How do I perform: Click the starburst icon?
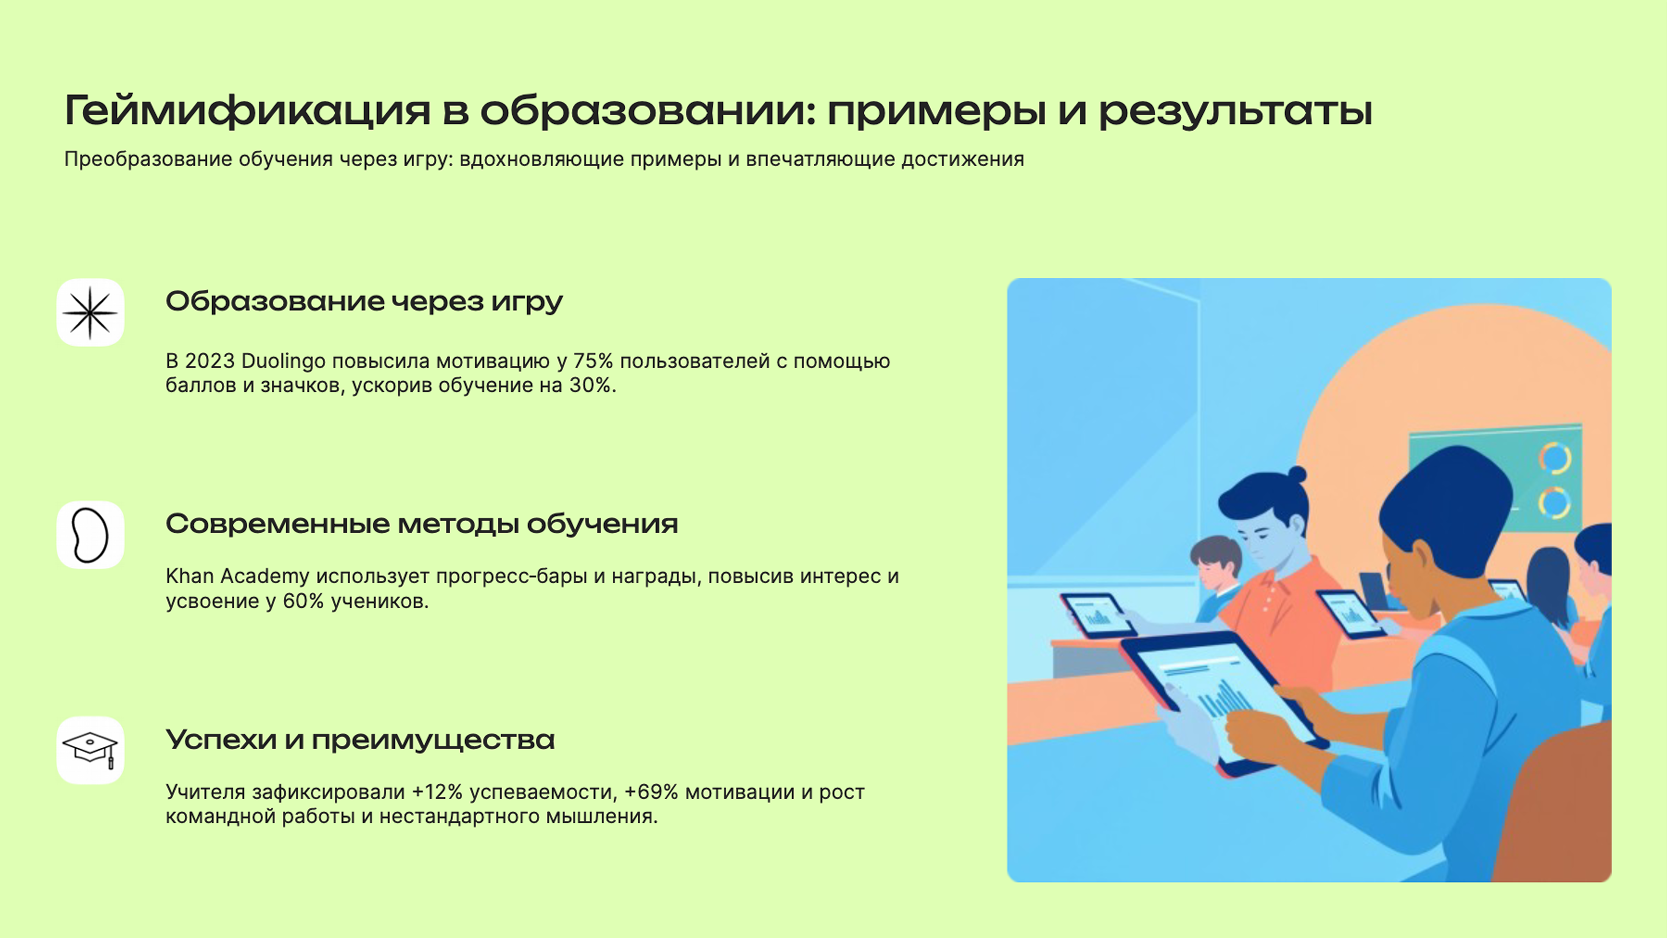[x=90, y=313]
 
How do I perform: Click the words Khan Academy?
[x=238, y=576]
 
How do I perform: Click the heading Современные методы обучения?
[x=421, y=524]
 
